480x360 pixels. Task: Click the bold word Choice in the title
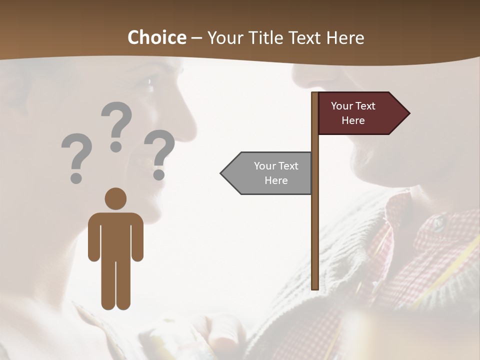(x=156, y=37)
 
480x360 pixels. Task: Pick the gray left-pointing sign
(x=270, y=173)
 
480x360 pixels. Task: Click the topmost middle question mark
(x=116, y=122)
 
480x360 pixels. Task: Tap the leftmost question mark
(x=76, y=155)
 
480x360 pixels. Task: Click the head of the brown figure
(x=115, y=198)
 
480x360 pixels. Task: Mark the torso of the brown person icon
(x=115, y=235)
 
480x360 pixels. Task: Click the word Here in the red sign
(x=353, y=120)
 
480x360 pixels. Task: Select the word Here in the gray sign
(x=276, y=180)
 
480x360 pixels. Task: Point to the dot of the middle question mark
(x=116, y=146)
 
